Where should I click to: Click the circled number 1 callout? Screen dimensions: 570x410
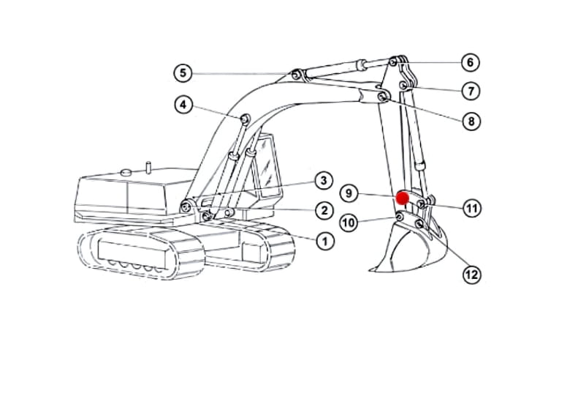pos(325,241)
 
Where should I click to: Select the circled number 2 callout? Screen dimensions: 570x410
pos(324,210)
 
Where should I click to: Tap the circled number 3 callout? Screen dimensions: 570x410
pos(324,180)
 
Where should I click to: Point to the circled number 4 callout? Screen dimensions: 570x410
pos(183,105)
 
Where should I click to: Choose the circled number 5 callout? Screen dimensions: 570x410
pos(183,72)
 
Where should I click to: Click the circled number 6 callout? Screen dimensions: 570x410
pos(471,62)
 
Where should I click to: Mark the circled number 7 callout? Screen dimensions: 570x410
pos(471,91)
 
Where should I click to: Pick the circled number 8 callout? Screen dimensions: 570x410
pos(471,121)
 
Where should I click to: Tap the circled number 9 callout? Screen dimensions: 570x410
pos(349,193)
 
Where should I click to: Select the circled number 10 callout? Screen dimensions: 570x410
pos(349,222)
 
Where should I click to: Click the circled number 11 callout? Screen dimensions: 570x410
pos(472,208)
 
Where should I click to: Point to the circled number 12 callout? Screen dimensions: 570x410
pos(472,275)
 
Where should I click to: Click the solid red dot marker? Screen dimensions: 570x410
pos(403,198)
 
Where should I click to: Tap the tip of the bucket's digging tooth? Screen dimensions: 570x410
pos(370,270)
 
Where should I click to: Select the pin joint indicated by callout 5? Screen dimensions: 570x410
pos(297,75)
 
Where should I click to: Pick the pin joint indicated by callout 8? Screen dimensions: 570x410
pos(382,97)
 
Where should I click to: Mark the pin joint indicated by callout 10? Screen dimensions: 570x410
pos(399,217)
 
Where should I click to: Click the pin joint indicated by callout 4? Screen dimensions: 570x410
pos(245,119)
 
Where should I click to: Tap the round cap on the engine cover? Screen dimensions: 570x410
pos(126,172)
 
